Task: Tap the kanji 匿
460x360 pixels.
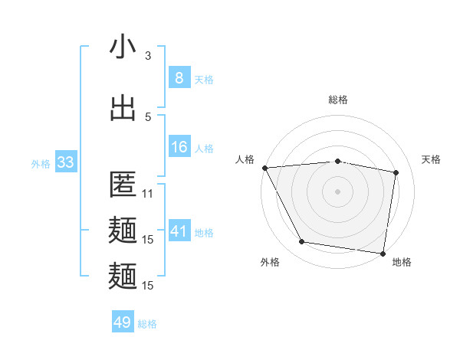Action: pos(123,186)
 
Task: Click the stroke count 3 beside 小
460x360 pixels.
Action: pos(148,55)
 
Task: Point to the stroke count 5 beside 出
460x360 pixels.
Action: pos(148,116)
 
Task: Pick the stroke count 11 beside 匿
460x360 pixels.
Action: pos(148,194)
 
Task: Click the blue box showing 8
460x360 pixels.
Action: pos(179,78)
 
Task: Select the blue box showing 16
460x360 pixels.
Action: pos(179,147)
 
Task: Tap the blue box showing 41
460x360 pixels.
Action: pos(179,231)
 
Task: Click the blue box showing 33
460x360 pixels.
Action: pos(65,162)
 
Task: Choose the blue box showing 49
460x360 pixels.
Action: pos(123,322)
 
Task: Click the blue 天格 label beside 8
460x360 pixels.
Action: pos(204,79)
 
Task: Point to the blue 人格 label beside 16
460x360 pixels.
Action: pos(204,148)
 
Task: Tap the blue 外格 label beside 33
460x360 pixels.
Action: pos(41,163)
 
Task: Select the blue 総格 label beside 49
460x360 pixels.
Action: pos(147,324)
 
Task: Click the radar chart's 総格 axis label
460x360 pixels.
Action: pos(338,100)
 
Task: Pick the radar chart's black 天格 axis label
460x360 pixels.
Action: pos(432,159)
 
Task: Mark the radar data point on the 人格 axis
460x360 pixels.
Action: pos(264,168)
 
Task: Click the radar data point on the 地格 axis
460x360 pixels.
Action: pos(383,253)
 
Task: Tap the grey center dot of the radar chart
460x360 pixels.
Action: pos(338,191)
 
